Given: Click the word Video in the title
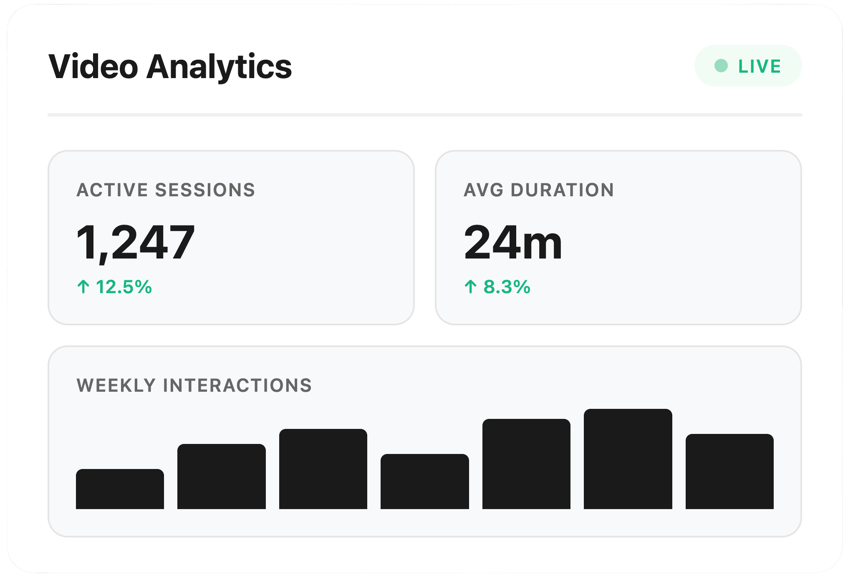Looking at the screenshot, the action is point(93,66).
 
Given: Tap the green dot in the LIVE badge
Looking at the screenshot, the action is point(721,66).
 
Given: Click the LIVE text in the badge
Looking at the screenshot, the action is point(760,66).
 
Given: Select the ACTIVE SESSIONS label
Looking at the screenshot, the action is point(166,190).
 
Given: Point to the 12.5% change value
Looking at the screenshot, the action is point(124,287).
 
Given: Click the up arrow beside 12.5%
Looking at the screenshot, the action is point(83,286).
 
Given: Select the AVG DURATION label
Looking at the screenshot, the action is point(539,190).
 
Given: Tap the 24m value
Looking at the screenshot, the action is point(513,242).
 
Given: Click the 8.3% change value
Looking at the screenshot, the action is point(507,287).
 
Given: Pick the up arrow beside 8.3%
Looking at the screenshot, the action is point(471,286).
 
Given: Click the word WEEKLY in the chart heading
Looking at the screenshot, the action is point(116,385).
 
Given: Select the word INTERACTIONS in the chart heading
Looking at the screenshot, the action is point(237,385).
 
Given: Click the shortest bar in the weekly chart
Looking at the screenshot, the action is point(120,489).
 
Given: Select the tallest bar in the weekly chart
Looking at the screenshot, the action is point(628,459).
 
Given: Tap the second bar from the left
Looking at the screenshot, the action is point(222,477).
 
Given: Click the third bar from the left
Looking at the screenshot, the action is point(323,469).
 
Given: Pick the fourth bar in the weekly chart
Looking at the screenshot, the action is point(425,482).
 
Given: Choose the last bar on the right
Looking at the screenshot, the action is point(730,472).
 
